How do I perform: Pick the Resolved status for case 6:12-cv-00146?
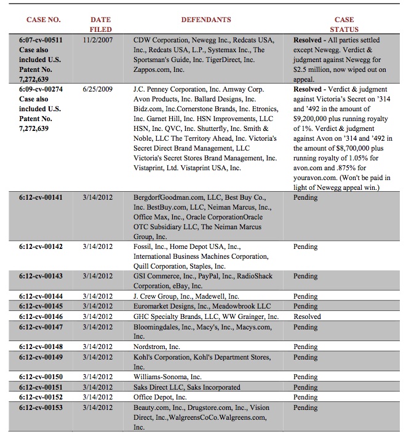[x=308, y=317]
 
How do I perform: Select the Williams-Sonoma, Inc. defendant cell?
[x=168, y=377]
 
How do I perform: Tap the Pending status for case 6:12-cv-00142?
[x=305, y=246]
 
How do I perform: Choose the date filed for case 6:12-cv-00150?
[x=97, y=377]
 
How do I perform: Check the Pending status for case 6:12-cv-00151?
[x=305, y=387]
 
